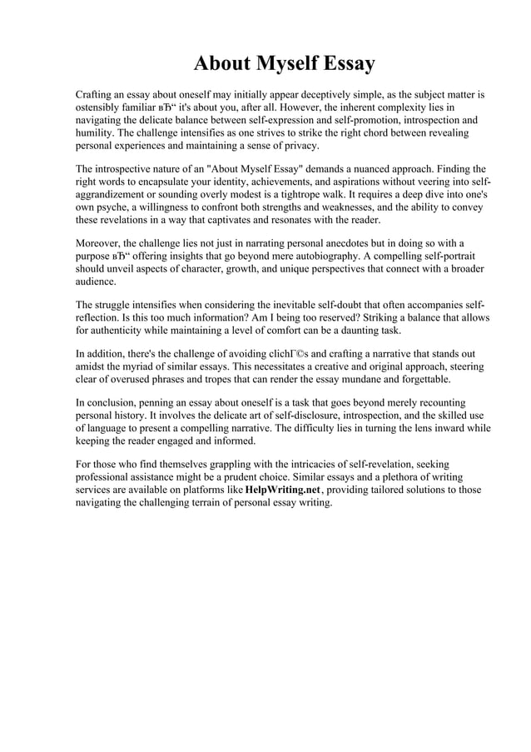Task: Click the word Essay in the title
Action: pyautogui.click(x=341, y=63)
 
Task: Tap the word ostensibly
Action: pyautogui.click(x=102, y=108)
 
